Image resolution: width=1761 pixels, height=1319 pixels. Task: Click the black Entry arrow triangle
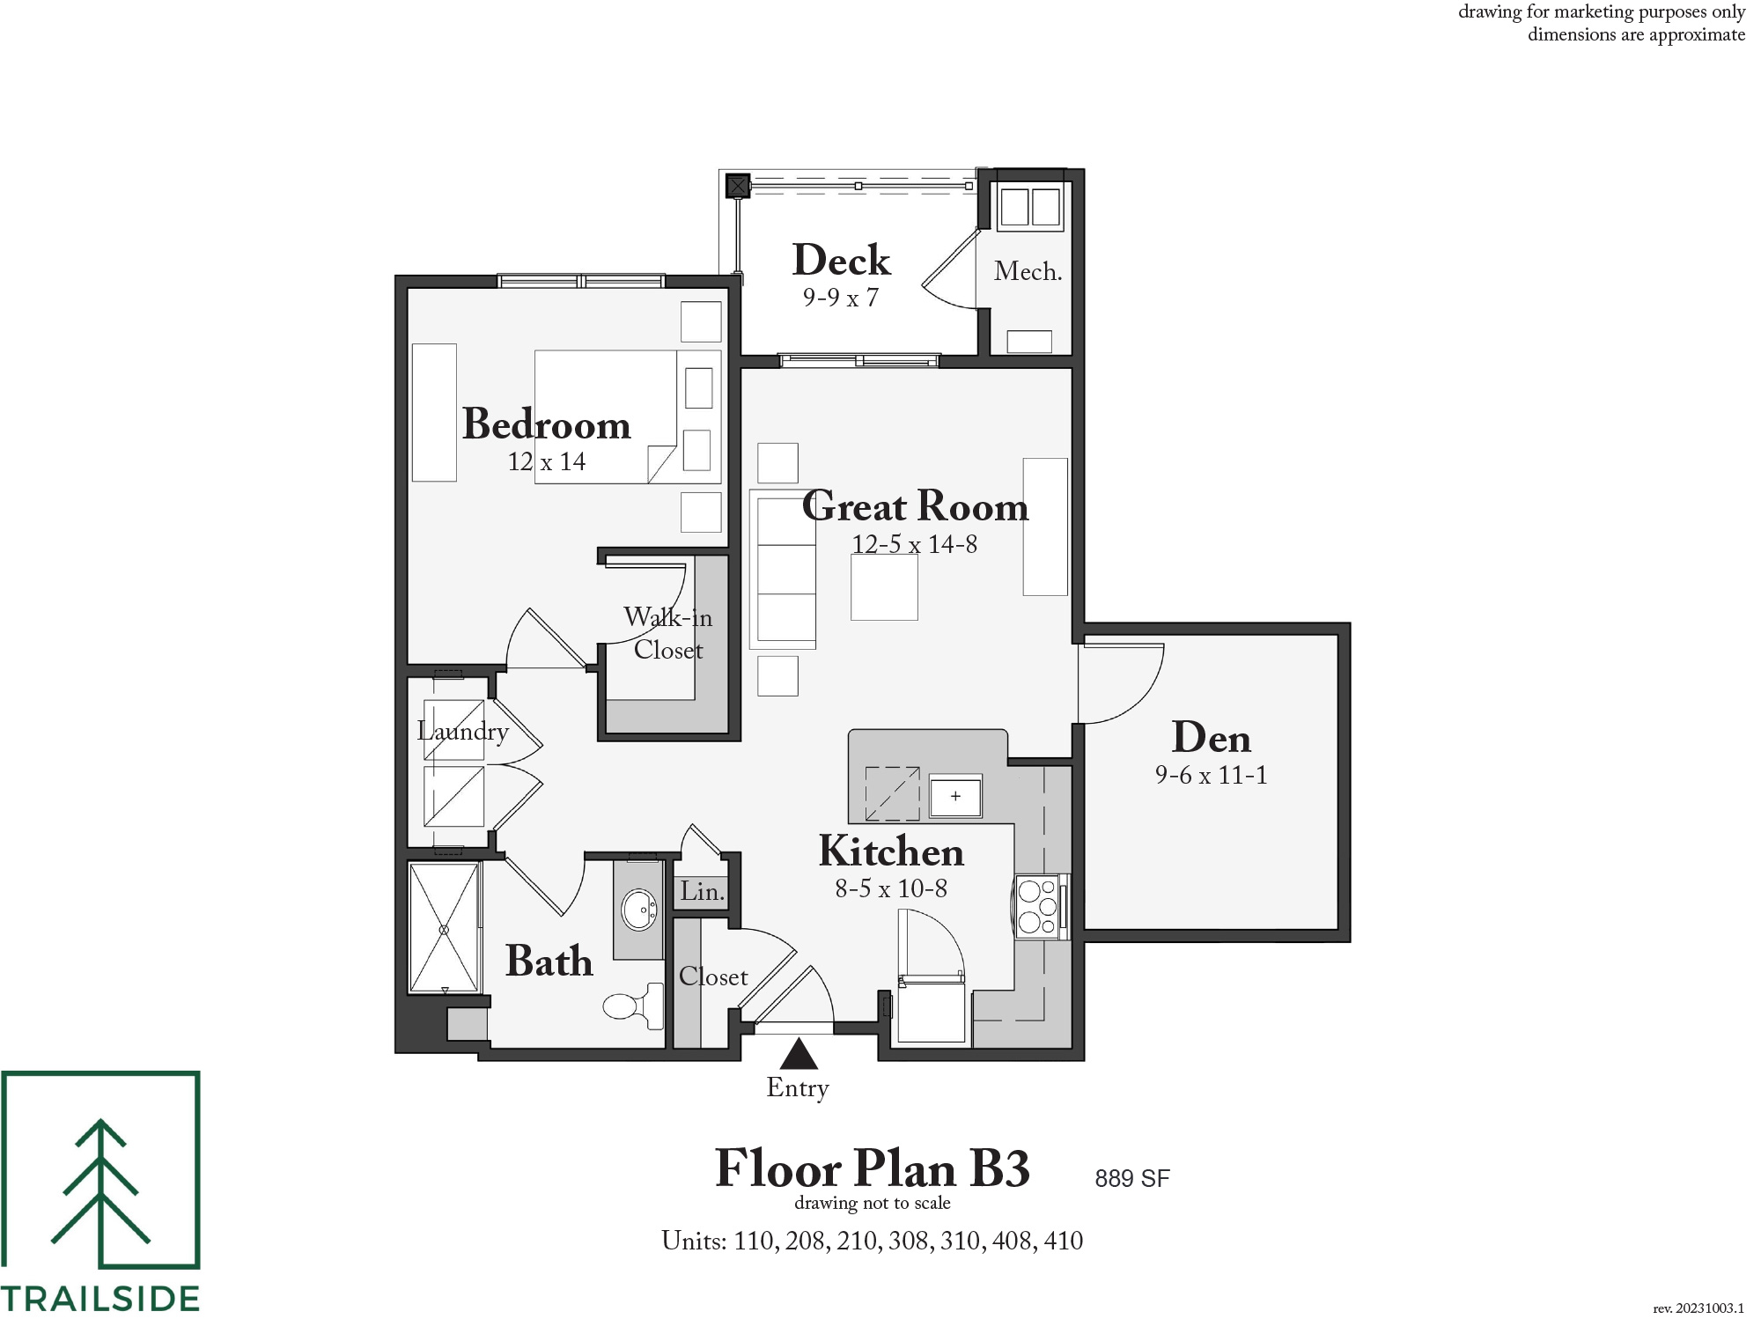799,1053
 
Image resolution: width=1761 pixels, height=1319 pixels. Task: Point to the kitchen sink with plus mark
956,797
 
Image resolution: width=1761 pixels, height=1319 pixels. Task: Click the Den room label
1212,738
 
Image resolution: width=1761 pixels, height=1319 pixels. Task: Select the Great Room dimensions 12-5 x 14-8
915,544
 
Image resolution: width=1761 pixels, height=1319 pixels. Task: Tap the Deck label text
842,261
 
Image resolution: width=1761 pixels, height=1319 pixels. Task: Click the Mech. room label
1028,271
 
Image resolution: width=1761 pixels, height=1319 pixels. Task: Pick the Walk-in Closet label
668,633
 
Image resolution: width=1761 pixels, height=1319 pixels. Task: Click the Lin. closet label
702,891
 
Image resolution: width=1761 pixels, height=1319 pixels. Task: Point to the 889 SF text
1132,1178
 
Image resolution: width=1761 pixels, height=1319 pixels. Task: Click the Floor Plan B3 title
873,1168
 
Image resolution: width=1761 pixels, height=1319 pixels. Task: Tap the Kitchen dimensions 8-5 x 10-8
891,888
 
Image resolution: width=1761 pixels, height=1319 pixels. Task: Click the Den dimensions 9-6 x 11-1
1212,775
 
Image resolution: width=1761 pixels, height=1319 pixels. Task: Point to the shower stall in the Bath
445,928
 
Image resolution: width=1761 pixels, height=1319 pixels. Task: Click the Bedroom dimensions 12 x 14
547,461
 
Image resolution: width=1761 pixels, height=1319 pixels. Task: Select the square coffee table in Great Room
884,586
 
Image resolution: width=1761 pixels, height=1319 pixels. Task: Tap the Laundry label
463,732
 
